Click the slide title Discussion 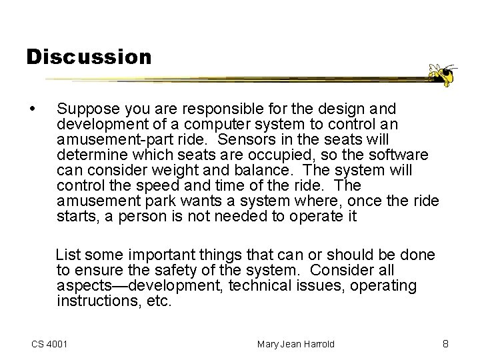(x=89, y=57)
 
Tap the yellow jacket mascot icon (x=442, y=75)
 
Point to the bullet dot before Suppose (x=33, y=107)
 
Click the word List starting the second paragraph (x=67, y=255)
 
